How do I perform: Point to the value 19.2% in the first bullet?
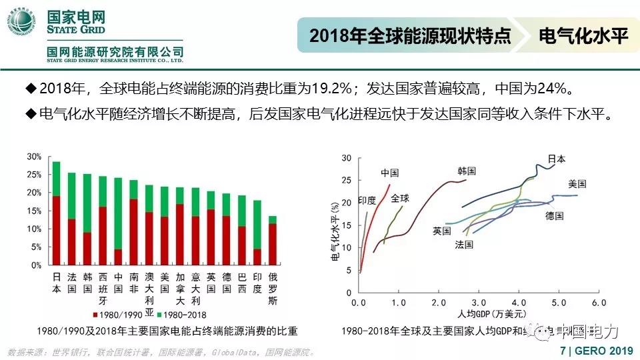(x=323, y=89)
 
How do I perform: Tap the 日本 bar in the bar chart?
(x=56, y=213)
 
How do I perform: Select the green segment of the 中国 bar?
(x=118, y=213)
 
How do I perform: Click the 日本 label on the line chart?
(x=557, y=159)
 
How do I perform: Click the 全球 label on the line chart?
(x=400, y=198)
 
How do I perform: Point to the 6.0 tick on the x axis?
(x=598, y=303)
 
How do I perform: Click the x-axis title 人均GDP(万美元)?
(x=478, y=313)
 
